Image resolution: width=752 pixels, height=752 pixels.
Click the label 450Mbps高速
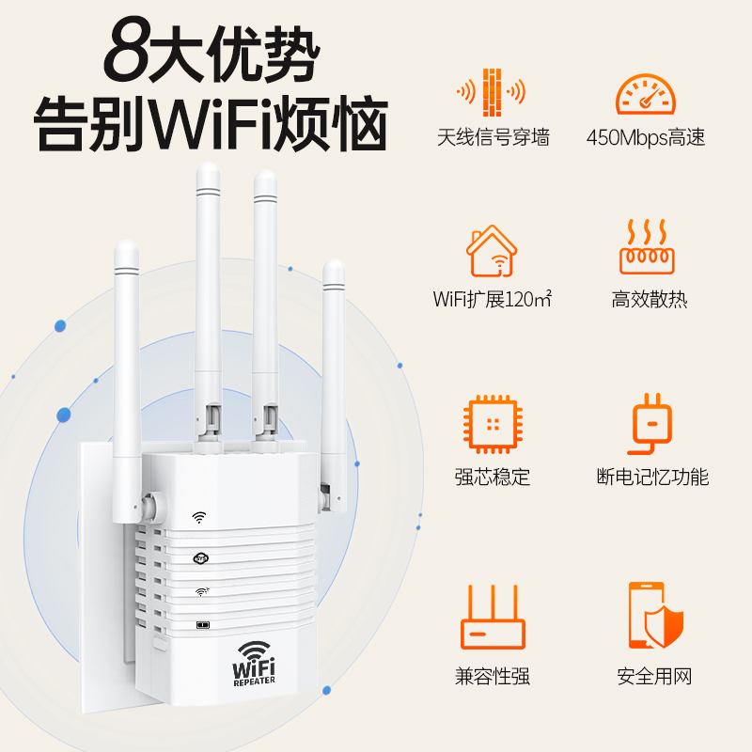coord(646,137)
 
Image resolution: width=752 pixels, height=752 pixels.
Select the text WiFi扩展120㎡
coord(492,300)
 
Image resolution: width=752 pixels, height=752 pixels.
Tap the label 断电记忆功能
coord(652,477)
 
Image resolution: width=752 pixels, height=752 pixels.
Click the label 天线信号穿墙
coord(493,137)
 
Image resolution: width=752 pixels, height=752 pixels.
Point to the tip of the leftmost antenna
coord(126,247)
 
